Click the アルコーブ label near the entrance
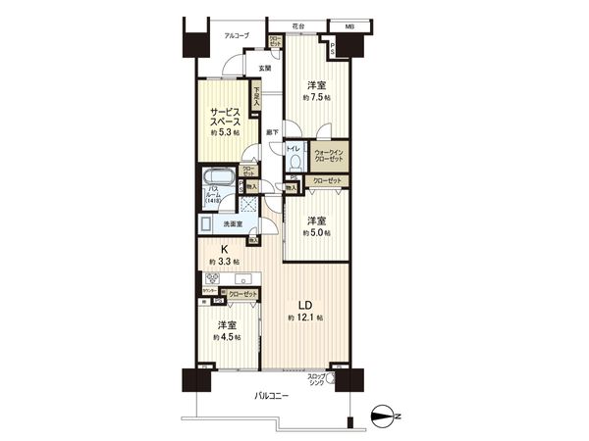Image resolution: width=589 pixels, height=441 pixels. tap(236, 35)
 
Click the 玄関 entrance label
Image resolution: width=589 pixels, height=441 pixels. tap(265, 68)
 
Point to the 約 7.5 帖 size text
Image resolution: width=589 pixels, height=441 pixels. tap(316, 100)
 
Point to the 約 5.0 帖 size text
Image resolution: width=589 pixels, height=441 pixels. tap(316, 232)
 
